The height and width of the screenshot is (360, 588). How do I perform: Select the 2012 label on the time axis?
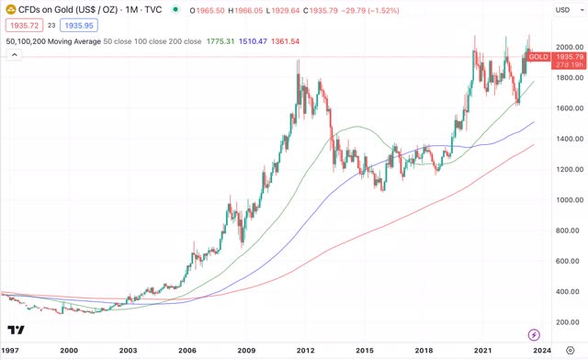(x=305, y=350)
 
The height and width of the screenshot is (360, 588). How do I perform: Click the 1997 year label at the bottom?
(x=11, y=350)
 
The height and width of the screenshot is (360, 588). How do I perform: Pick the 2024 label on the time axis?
(x=542, y=350)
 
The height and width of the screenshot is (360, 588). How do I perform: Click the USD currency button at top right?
(x=562, y=9)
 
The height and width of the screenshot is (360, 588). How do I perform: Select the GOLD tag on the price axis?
(x=539, y=57)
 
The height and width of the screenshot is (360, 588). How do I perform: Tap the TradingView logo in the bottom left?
(x=15, y=330)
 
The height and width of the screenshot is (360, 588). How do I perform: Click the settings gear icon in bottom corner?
(x=570, y=350)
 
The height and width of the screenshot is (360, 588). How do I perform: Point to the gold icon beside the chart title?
(x=10, y=9)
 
